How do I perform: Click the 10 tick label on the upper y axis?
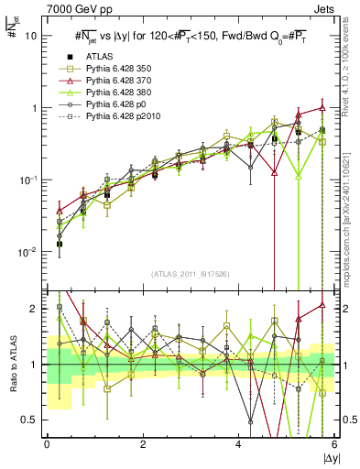click(x=31, y=36)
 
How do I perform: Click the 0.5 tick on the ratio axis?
click(x=28, y=420)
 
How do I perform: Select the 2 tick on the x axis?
click(x=143, y=445)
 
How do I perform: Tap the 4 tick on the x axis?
click(x=239, y=445)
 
